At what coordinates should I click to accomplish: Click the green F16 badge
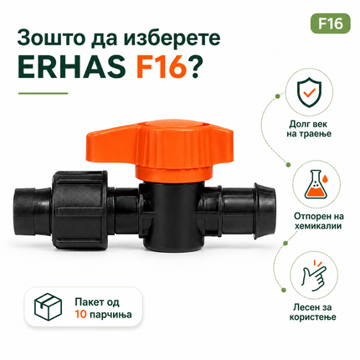(331, 23)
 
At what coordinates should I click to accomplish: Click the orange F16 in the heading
(162, 68)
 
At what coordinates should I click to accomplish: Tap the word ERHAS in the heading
(72, 68)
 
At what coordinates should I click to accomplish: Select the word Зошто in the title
(51, 38)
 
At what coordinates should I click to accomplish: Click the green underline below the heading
(43, 93)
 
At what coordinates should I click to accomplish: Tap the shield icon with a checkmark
(310, 92)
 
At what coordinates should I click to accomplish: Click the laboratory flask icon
(318, 184)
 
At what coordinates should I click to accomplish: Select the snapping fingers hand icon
(314, 275)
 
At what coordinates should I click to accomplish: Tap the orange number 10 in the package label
(80, 315)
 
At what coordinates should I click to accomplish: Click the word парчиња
(111, 316)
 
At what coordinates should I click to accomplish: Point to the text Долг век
(308, 124)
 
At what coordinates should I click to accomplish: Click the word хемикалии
(318, 225)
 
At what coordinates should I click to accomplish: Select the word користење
(313, 317)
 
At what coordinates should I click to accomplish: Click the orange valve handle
(159, 148)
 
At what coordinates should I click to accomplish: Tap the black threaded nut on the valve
(80, 208)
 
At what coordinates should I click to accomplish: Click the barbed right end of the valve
(265, 211)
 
